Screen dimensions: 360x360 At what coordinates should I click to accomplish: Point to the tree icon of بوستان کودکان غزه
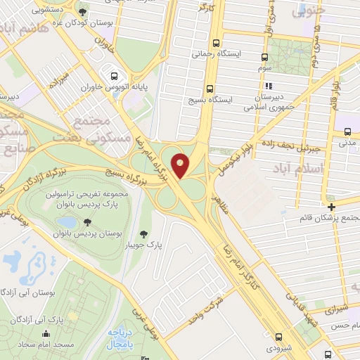[x=84, y=12]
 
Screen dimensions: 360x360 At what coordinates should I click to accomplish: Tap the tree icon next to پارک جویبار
[x=144, y=234]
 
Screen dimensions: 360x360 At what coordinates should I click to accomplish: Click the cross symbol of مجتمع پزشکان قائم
[x=332, y=206]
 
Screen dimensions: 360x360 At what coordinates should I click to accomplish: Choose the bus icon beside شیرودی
[x=279, y=337]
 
